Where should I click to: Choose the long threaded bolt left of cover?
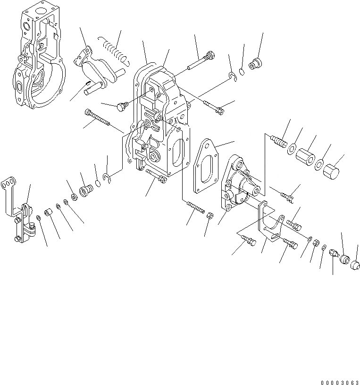(98, 118)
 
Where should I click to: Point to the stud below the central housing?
(194, 208)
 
